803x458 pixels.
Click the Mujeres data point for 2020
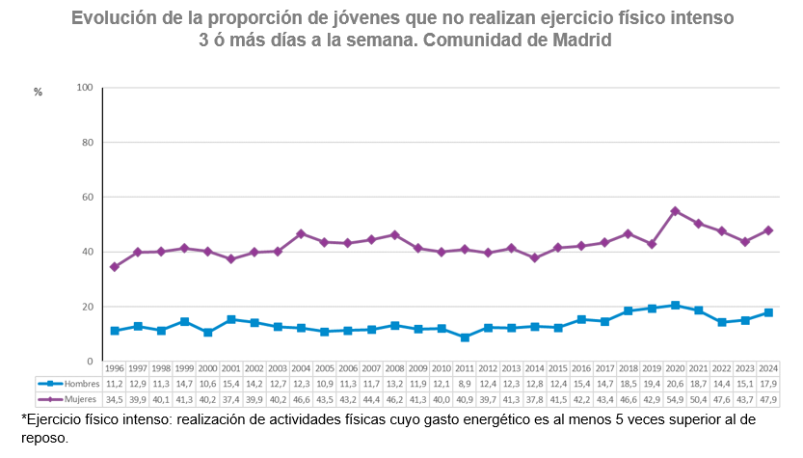point(675,211)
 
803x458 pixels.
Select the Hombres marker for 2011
point(465,337)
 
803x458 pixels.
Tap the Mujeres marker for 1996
point(115,267)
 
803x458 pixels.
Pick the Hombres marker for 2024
point(768,312)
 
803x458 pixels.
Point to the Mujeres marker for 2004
point(301,233)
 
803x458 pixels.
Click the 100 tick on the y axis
point(84,88)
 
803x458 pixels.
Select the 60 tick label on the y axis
point(86,198)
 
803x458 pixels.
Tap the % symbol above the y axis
point(39,93)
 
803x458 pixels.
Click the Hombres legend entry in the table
point(68,384)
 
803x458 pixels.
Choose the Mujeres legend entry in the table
point(68,397)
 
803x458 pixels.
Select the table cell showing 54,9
point(675,397)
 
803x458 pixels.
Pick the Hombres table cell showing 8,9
point(465,384)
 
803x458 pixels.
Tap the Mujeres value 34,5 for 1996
point(115,397)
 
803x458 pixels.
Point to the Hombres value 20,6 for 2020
point(675,384)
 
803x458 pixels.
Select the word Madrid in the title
point(581,40)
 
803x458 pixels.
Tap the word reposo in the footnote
point(42,438)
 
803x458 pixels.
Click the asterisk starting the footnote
point(23,419)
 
